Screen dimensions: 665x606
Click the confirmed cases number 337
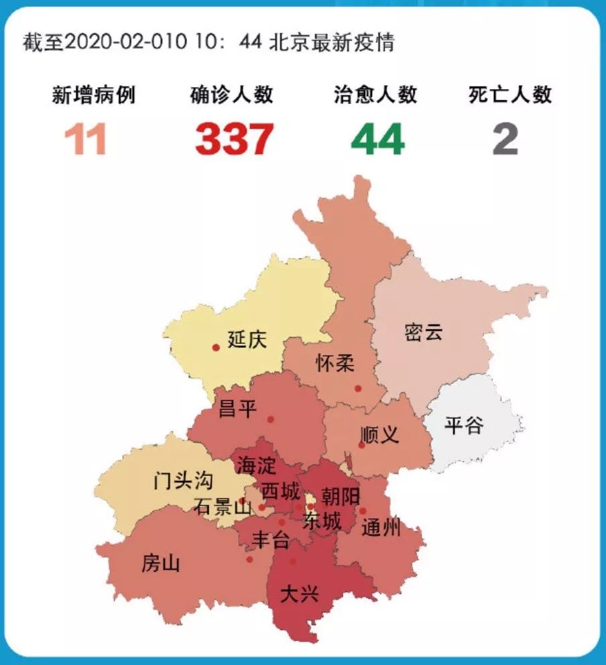(x=235, y=139)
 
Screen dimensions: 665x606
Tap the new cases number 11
(x=86, y=139)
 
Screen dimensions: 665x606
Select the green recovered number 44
(x=377, y=139)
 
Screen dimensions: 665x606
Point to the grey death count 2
(x=505, y=139)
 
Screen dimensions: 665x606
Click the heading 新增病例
(x=94, y=95)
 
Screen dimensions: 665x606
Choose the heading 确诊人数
(x=232, y=95)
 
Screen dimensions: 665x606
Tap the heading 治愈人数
(x=375, y=95)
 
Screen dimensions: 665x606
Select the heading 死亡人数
(x=510, y=95)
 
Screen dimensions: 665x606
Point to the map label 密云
(x=424, y=332)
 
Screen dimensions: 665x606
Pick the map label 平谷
(x=464, y=425)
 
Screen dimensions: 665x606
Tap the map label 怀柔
(x=335, y=364)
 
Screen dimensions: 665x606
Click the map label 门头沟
(x=183, y=480)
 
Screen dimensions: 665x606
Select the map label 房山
(x=161, y=564)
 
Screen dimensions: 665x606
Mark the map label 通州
(x=381, y=529)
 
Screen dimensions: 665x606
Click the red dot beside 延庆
(x=216, y=347)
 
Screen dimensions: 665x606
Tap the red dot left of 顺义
(x=361, y=444)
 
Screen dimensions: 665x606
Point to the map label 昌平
(x=238, y=408)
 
